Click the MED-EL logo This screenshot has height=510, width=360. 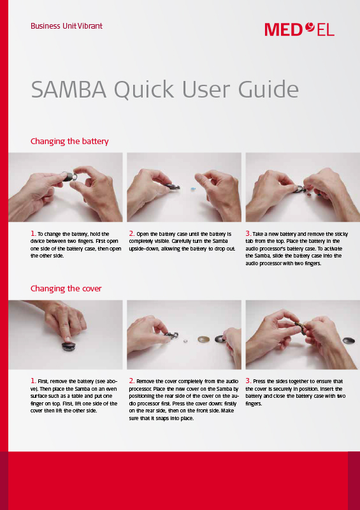coord(299,29)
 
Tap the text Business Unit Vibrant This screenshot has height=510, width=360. coord(66,26)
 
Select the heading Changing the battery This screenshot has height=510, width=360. coord(69,141)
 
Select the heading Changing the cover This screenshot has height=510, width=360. coord(66,288)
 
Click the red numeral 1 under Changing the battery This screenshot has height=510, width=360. coord(32,234)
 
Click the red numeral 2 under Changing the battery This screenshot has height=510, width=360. coord(131,234)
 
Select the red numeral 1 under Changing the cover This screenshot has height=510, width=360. coord(32,381)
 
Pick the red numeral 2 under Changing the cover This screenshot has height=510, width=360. coord(131,381)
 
